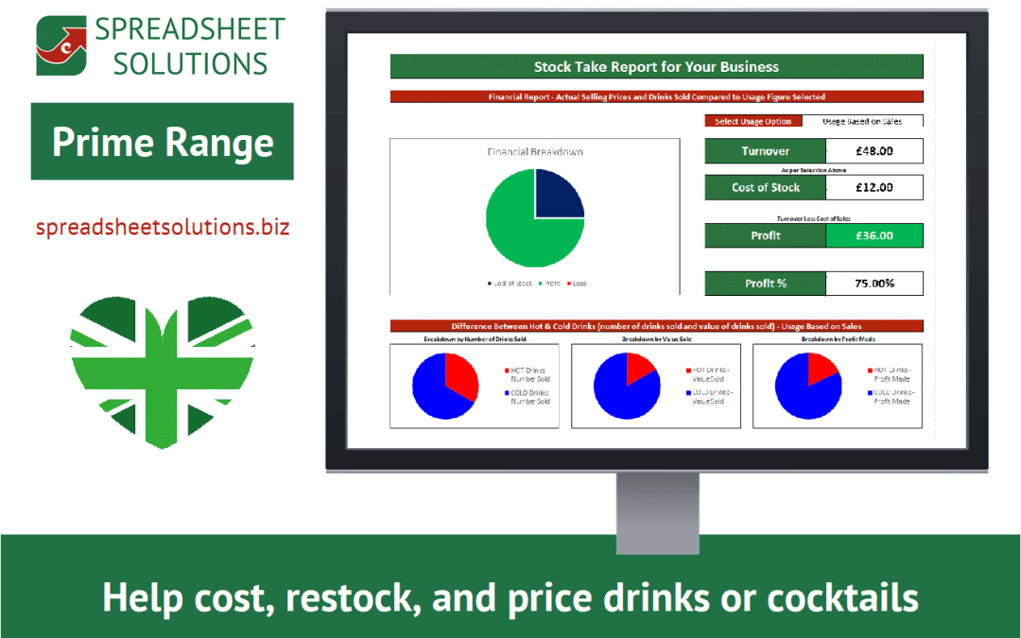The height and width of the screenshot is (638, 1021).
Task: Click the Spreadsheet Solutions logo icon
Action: coord(60,45)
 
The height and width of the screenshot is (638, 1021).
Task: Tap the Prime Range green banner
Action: coord(163,142)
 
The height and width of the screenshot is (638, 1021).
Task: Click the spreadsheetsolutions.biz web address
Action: coord(163,228)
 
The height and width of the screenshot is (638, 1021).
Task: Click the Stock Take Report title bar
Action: coord(656,67)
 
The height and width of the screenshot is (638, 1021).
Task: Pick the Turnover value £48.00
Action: coord(874,151)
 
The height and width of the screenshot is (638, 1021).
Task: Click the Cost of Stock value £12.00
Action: coord(874,187)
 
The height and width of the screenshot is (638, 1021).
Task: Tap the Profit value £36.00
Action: coord(874,235)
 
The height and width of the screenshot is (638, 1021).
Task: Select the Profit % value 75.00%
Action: coord(874,284)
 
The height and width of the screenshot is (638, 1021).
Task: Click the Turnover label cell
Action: coord(765,151)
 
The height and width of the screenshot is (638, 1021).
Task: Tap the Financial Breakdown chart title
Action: coord(535,151)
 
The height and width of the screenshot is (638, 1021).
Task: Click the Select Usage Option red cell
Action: coord(753,121)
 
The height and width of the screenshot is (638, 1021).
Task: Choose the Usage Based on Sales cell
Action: coord(862,121)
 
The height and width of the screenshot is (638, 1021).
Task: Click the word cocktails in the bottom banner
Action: coord(842,597)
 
